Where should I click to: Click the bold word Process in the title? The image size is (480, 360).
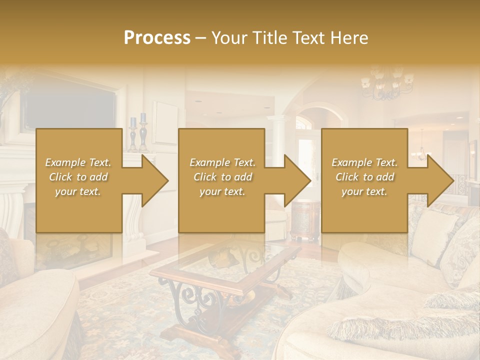pos(157,38)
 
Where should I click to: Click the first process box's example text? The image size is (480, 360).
pos(78,177)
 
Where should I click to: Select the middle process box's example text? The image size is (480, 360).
pos(222,177)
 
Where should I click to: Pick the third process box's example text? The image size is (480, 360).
pos(364,177)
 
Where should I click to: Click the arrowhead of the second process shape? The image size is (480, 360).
pos(297,180)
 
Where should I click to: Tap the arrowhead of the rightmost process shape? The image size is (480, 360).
pos(439,180)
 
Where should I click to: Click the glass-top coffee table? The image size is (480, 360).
pos(225,270)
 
